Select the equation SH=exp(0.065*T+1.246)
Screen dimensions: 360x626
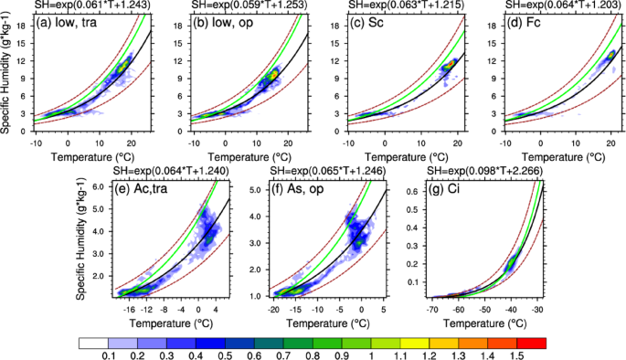(334, 170)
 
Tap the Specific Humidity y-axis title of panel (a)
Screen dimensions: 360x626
(7, 74)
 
